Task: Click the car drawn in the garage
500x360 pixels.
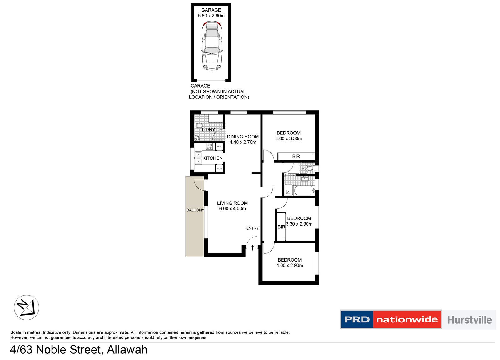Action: click(x=212, y=46)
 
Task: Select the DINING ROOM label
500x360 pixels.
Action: click(x=243, y=137)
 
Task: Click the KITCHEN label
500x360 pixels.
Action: click(x=212, y=158)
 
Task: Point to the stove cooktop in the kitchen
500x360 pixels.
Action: click(x=209, y=146)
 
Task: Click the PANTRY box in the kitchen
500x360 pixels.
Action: click(x=219, y=146)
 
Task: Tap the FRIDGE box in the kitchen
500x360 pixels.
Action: click(x=219, y=169)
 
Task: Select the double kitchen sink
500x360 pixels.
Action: click(x=198, y=158)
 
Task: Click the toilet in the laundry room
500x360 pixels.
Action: click(x=199, y=126)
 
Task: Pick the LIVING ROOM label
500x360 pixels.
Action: click(x=232, y=203)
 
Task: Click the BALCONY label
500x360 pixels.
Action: click(x=195, y=210)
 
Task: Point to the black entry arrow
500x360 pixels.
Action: click(x=252, y=248)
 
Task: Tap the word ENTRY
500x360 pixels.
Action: click(x=252, y=228)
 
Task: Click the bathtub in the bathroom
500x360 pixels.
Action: click(x=304, y=190)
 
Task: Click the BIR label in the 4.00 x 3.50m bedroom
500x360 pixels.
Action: click(x=296, y=156)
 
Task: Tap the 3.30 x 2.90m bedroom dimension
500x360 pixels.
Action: click(x=299, y=224)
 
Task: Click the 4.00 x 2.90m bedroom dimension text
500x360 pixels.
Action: click(x=290, y=266)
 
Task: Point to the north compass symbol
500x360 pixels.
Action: click(x=27, y=307)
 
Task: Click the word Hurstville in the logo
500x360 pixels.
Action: click(x=469, y=320)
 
